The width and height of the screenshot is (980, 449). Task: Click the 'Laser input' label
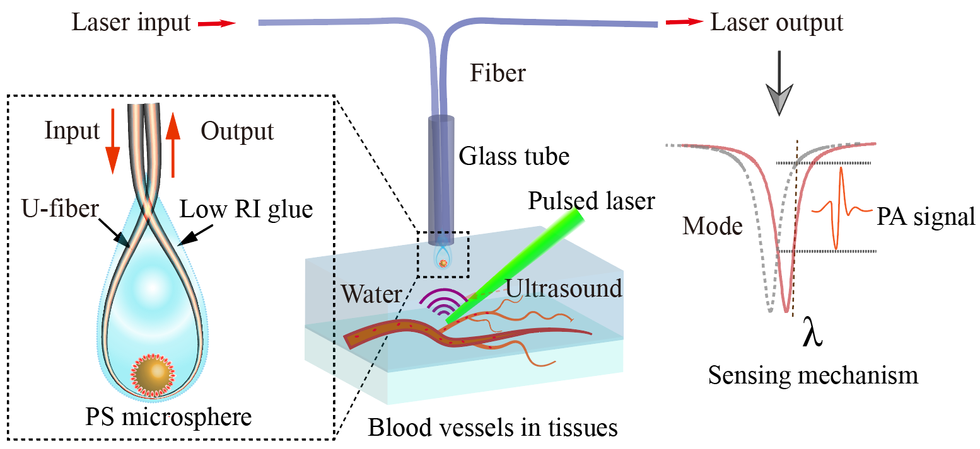pyautogui.click(x=131, y=23)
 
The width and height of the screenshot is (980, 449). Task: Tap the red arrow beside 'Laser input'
pyautogui.click(x=216, y=24)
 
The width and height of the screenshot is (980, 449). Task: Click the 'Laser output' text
pyautogui.click(x=776, y=23)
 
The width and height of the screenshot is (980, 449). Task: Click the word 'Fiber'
pyautogui.click(x=498, y=74)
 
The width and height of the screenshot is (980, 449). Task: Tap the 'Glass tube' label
pyautogui.click(x=514, y=156)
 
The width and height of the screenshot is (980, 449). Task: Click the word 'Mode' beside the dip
pyautogui.click(x=711, y=226)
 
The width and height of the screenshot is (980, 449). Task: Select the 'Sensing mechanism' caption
pyautogui.click(x=813, y=375)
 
